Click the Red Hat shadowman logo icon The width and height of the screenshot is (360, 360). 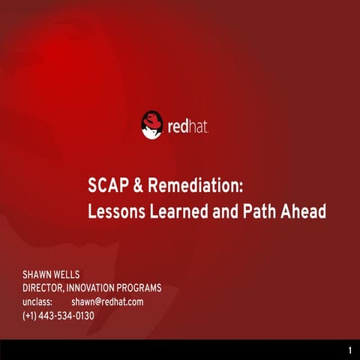tap(151, 124)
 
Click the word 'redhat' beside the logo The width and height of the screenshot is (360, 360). tap(186, 125)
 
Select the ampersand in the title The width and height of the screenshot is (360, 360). tap(136, 185)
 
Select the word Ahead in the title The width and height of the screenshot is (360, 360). tap(304, 211)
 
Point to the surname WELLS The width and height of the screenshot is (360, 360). tap(79, 274)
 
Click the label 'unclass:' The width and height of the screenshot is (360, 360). tap(38, 301)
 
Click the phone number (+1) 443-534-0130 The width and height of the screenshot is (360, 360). tap(58, 315)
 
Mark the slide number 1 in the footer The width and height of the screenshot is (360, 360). tap(350, 351)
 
